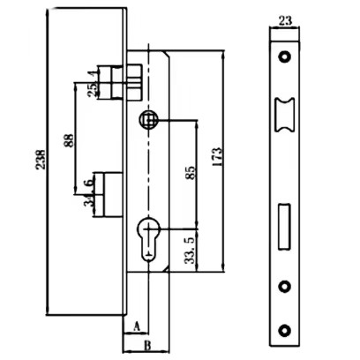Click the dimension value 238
coord(41,160)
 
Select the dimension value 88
coord(68,140)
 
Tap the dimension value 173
coord(217,157)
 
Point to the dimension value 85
coord(191,173)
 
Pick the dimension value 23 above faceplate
coord(285,21)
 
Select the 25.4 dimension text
coord(93,84)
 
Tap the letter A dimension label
coord(136,326)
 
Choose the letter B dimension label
coord(147,345)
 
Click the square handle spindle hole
coord(148,119)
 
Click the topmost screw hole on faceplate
coord(284,56)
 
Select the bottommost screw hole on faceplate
coord(284,330)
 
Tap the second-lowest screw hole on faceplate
coord(284,286)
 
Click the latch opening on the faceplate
coord(284,115)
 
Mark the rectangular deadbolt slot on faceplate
coord(284,227)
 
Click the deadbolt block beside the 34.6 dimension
coord(113,194)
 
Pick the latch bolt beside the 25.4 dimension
coord(120,82)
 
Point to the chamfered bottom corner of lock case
coord(167,268)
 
